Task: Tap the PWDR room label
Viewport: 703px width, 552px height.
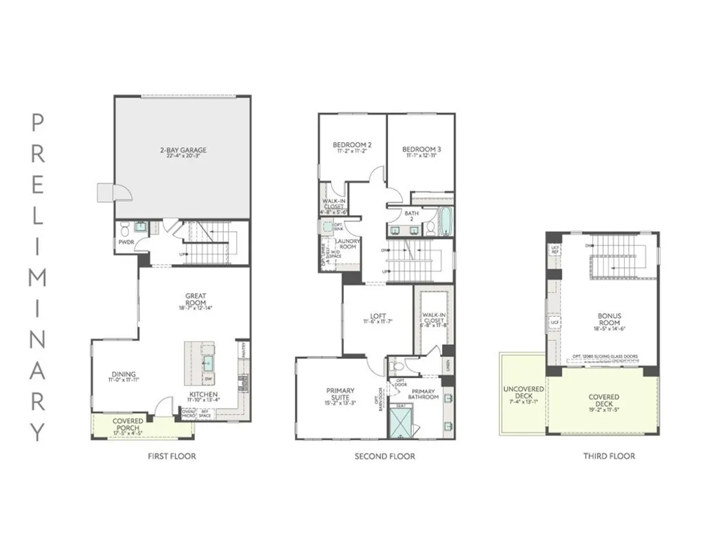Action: [126, 242]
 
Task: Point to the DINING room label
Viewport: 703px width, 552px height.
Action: [124, 375]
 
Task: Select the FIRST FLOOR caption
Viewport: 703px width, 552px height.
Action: [172, 456]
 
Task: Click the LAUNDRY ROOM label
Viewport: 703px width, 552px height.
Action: [347, 243]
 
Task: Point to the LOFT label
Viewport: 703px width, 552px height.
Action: [376, 317]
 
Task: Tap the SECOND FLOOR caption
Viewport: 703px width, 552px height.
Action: [384, 456]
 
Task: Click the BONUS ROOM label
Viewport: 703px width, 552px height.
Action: [609, 319]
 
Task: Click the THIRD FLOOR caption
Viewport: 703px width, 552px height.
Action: [609, 456]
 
